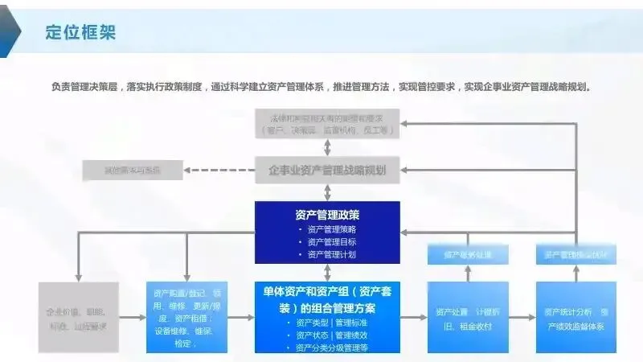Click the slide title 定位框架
click(80, 32)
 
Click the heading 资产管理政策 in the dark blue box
click(327, 215)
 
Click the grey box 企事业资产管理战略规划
click(327, 170)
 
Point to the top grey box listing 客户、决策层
click(327, 124)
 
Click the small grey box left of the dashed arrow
click(133, 170)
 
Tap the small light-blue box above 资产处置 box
click(467, 255)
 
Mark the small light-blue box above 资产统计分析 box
click(576, 255)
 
